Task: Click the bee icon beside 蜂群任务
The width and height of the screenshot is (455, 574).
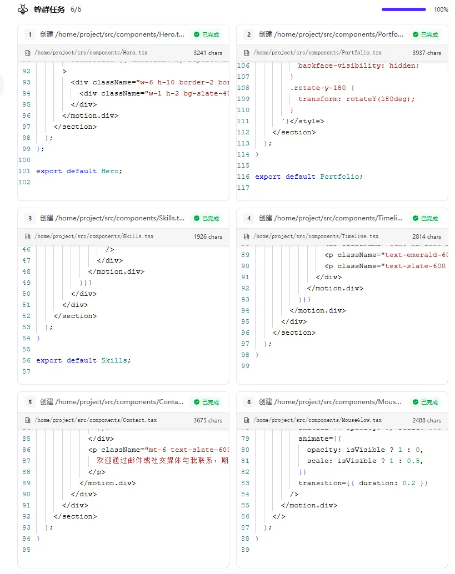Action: [x=23, y=9]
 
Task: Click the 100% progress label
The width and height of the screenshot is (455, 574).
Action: [x=441, y=9]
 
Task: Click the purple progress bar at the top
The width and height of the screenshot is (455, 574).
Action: [x=404, y=9]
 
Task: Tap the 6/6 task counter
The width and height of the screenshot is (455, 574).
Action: [x=76, y=9]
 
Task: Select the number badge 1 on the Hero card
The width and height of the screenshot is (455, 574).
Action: [x=29, y=34]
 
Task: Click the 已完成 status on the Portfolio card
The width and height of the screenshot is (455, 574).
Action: [x=425, y=34]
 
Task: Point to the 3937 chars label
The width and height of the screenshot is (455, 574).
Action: [x=427, y=53]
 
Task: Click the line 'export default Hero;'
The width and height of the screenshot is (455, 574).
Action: [x=79, y=171]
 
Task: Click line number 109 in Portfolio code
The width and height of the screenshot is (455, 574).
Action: [x=243, y=99]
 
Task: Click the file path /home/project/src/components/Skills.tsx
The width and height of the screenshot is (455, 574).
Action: [x=94, y=236]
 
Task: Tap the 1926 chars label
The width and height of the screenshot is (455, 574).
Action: [x=208, y=236]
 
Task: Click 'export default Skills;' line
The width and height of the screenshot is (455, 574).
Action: [x=83, y=360]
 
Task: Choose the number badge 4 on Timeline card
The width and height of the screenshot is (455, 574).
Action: [x=249, y=218]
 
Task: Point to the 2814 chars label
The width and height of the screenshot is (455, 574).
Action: [x=427, y=236]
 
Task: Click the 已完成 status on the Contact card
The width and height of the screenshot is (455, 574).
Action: [x=206, y=402]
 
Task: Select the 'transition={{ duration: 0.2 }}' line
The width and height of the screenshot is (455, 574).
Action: [x=363, y=483]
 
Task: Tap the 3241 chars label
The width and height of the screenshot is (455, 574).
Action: [x=208, y=53]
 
